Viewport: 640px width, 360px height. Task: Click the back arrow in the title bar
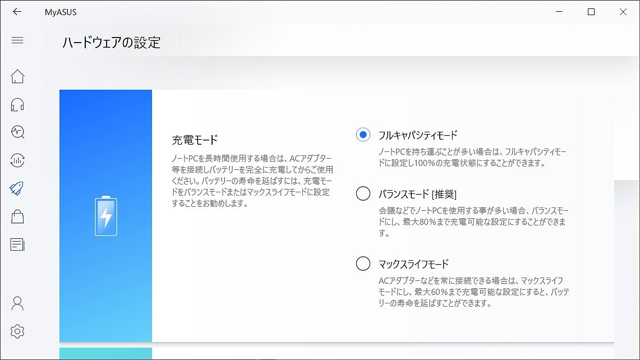(17, 12)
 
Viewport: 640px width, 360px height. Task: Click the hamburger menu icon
(17, 40)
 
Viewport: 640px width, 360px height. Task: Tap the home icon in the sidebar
(17, 76)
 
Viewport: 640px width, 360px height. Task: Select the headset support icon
(17, 104)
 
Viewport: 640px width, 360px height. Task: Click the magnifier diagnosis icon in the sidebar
(17, 132)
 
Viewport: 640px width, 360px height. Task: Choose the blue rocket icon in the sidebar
(17, 188)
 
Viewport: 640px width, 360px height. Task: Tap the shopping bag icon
(17, 216)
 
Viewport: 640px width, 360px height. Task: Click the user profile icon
(17, 303)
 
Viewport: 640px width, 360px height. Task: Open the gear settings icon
(17, 331)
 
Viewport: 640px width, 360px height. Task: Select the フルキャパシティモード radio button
(363, 135)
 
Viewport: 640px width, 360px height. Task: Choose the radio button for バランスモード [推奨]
(363, 193)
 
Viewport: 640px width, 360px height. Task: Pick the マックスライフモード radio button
(363, 264)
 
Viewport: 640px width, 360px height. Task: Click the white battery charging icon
(105, 216)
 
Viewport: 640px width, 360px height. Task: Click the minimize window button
(559, 12)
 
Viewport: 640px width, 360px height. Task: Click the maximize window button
(591, 12)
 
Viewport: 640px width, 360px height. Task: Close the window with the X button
(623, 12)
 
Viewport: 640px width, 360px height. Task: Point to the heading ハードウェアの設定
(112, 43)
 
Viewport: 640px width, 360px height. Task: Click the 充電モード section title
(195, 140)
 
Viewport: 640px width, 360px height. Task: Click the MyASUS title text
(61, 12)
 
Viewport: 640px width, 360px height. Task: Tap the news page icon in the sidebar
(17, 244)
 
